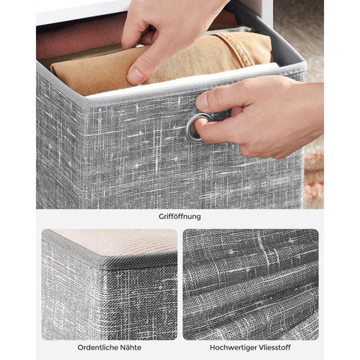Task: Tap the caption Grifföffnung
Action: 179,217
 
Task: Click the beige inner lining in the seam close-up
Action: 120,241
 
